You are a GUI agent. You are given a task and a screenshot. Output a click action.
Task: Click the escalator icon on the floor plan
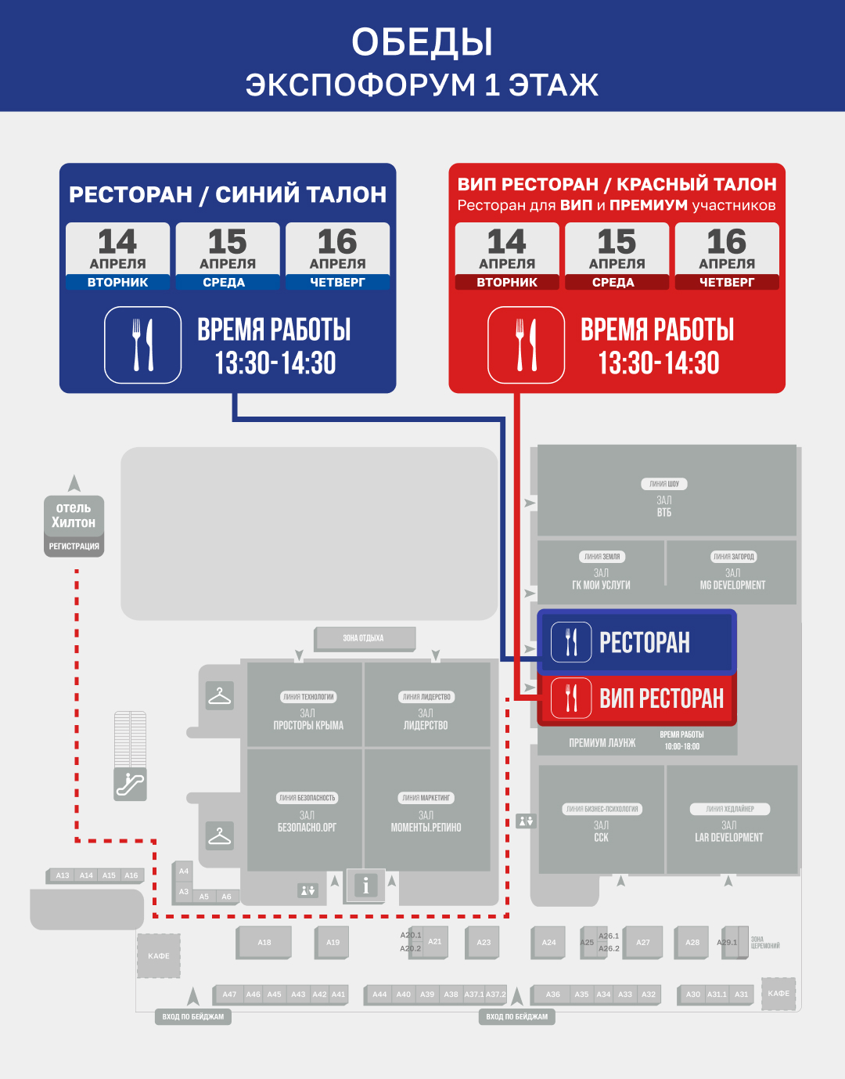tap(130, 784)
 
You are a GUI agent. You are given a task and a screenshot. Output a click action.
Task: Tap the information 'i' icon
tap(365, 886)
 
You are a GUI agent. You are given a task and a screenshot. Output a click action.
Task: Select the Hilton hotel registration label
tap(74, 525)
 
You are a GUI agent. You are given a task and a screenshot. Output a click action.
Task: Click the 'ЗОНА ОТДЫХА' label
tap(364, 638)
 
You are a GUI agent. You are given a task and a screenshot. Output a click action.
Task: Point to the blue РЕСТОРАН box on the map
tap(636, 641)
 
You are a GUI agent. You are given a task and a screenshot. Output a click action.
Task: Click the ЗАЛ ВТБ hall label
tap(664, 506)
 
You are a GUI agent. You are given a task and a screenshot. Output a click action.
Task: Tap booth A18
tap(264, 942)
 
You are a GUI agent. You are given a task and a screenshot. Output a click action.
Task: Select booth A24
tap(549, 942)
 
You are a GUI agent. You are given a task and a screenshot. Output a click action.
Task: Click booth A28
tap(692, 942)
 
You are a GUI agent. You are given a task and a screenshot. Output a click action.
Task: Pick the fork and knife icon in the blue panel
tap(143, 345)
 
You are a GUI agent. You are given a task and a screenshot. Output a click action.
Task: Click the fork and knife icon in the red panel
tap(526, 345)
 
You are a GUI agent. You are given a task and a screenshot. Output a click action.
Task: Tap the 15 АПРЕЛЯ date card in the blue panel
tap(228, 256)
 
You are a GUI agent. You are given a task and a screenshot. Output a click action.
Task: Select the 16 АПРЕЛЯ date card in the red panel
tap(727, 256)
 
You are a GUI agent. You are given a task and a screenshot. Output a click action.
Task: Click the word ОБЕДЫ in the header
tap(422, 42)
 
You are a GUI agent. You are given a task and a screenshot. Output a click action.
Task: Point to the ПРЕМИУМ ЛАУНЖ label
tap(602, 742)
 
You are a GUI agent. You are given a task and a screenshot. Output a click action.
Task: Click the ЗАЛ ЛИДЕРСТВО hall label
tap(426, 719)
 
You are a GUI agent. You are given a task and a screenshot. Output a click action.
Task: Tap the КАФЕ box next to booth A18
tap(159, 955)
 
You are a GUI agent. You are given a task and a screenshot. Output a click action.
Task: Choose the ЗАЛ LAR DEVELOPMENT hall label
tap(729, 831)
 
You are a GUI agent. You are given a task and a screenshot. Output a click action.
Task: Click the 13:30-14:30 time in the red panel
tap(658, 363)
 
